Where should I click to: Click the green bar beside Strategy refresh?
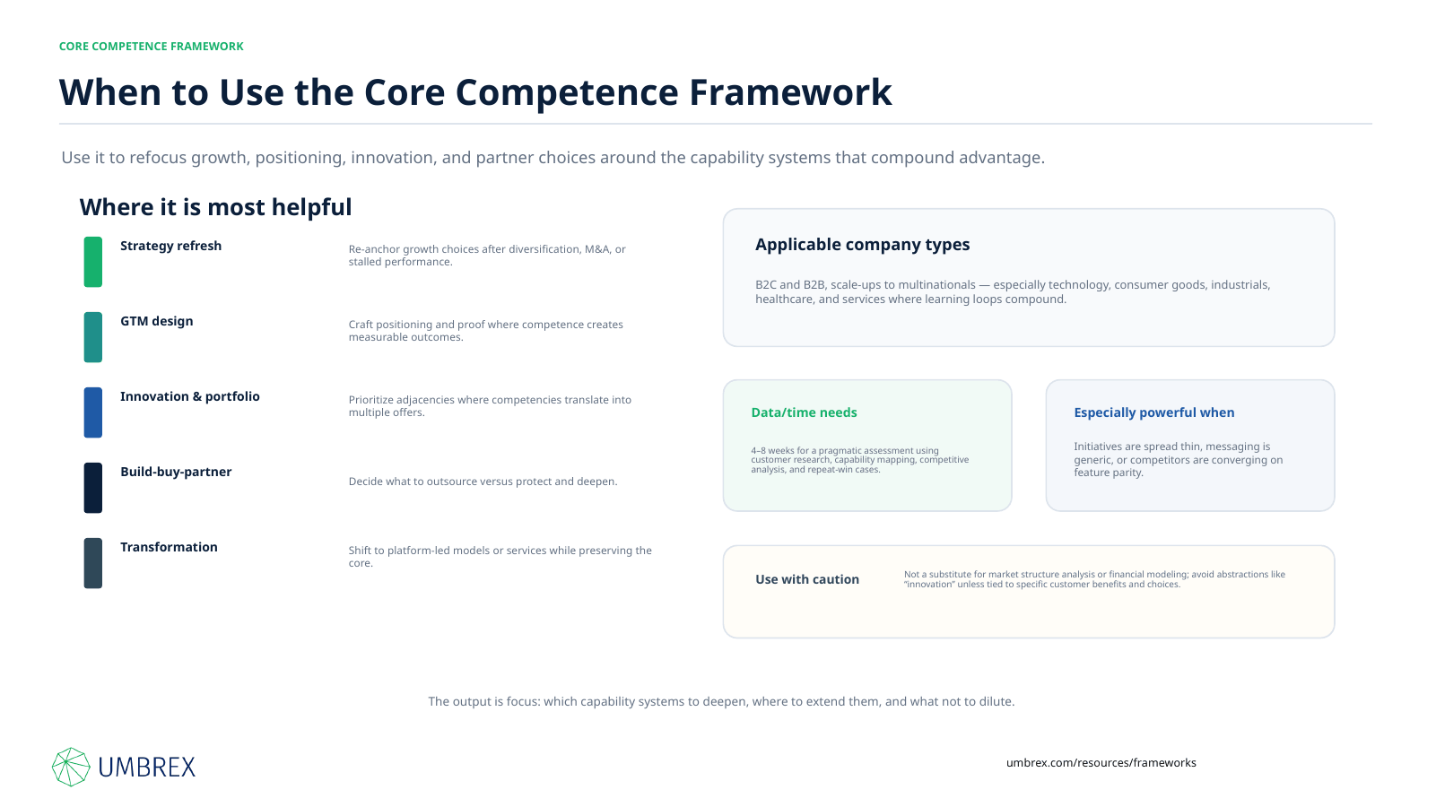(x=93, y=262)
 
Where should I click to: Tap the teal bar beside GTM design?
(x=93, y=337)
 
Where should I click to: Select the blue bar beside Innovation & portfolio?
(x=93, y=412)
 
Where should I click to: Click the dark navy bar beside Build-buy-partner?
(x=93, y=488)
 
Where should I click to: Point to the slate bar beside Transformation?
(x=93, y=563)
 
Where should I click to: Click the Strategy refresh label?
(x=170, y=246)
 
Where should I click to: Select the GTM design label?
(x=156, y=321)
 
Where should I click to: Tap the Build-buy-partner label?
(x=176, y=472)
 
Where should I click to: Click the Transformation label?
(x=169, y=547)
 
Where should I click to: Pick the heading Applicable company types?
(x=862, y=245)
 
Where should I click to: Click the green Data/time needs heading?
(x=804, y=412)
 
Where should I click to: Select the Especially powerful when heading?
(x=1154, y=412)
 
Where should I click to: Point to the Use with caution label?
(x=807, y=579)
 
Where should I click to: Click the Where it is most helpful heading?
(x=215, y=207)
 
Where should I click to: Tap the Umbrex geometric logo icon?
(x=71, y=767)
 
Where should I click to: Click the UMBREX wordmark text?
(x=147, y=768)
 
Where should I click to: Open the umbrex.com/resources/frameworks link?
(x=1101, y=763)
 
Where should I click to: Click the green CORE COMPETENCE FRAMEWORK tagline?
(x=152, y=46)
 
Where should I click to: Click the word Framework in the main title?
(x=790, y=92)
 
